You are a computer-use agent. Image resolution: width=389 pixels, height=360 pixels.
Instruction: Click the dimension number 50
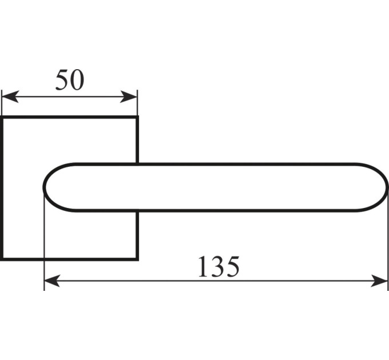pyautogui.click(x=70, y=80)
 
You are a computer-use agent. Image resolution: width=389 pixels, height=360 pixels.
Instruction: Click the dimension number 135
pyautogui.click(x=219, y=267)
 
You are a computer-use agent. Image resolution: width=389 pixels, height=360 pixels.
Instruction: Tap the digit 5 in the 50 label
pyautogui.click(x=62, y=80)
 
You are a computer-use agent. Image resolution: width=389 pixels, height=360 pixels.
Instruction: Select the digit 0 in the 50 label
pyautogui.click(x=77, y=80)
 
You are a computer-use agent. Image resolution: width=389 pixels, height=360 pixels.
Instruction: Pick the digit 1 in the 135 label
pyautogui.click(x=204, y=266)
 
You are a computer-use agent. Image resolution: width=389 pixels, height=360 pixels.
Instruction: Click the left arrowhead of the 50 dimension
pyautogui.click(x=10, y=97)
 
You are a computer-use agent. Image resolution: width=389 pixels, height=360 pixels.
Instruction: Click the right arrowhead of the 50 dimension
pyautogui.click(x=129, y=97)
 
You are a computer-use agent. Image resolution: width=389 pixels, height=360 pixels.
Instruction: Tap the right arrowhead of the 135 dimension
pyautogui.click(x=379, y=281)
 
